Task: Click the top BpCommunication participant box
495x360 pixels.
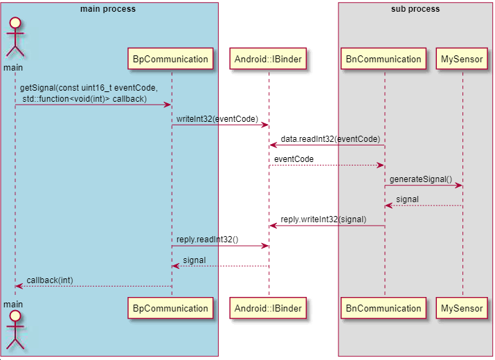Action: pos(170,59)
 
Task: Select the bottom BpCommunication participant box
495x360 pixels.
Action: pos(170,308)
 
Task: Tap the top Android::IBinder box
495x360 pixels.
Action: pos(268,59)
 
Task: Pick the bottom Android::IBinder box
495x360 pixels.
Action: pos(268,308)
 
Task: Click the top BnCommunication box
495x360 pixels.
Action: pos(384,59)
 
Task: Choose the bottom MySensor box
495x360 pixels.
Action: pos(462,308)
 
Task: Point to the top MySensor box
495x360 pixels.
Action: pos(462,59)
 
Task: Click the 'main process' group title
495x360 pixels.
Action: pos(108,9)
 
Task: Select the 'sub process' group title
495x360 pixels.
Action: pos(415,9)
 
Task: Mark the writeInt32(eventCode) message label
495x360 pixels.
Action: pos(217,119)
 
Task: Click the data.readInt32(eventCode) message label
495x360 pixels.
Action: pos(330,139)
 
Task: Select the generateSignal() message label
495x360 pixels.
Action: pos(420,179)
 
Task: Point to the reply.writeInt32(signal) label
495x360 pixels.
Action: pos(323,219)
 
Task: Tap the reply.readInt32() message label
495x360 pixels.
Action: pos(207,240)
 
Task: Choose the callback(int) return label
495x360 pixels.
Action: pos(50,280)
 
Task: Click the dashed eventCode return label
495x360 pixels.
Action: pos(294,159)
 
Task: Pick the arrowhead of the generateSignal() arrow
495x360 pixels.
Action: pos(459,186)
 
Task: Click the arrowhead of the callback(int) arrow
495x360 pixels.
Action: pos(19,286)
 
